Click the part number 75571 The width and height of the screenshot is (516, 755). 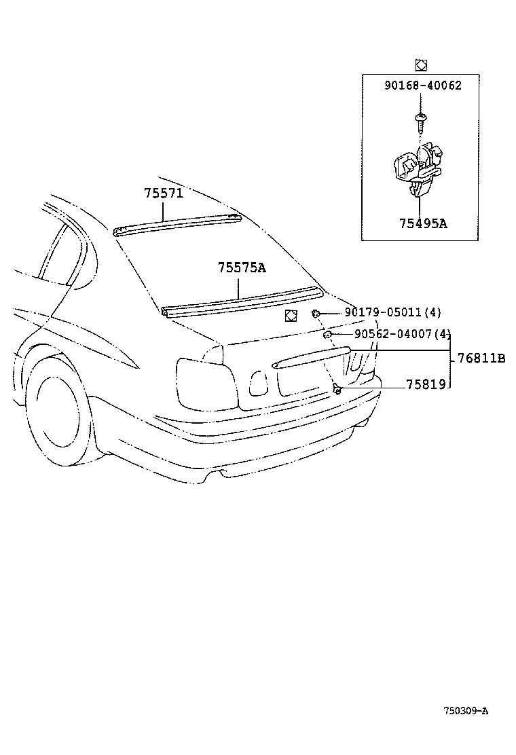164,193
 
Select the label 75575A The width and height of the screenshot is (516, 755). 242,268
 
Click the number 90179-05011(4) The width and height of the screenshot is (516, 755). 392,312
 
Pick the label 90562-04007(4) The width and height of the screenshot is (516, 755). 402,334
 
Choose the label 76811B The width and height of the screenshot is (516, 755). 481,358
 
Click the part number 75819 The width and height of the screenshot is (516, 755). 426,384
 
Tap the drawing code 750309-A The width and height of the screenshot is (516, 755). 466,711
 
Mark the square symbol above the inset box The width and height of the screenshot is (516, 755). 421,65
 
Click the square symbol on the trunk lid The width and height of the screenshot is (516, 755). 291,315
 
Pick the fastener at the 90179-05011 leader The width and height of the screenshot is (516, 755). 316,313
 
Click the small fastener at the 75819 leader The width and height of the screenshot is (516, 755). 337,388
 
